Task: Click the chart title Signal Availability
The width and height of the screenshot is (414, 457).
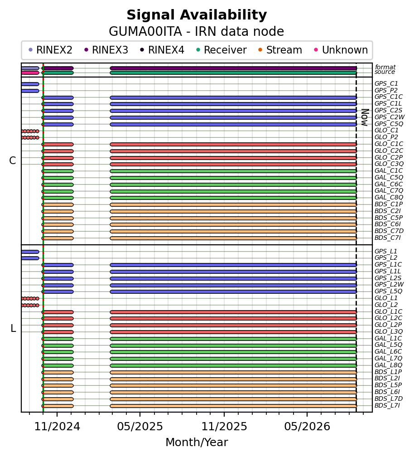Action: [197, 15]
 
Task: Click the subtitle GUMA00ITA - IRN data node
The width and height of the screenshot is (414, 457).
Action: [197, 31]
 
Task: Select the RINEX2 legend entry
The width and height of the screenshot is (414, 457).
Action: [50, 50]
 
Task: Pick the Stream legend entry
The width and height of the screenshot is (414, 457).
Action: [280, 50]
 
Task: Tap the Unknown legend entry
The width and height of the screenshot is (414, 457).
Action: [341, 50]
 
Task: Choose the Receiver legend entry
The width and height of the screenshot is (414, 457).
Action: [221, 50]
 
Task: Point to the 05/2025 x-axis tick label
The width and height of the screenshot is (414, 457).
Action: [140, 427]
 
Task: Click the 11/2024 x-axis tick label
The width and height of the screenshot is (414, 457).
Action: [57, 427]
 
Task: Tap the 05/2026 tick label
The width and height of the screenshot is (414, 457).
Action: [307, 427]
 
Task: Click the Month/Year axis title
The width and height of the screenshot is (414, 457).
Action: [197, 442]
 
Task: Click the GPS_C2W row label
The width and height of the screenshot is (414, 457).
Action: [390, 117]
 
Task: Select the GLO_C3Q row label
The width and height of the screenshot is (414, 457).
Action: [389, 164]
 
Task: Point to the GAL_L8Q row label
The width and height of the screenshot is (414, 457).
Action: [388, 365]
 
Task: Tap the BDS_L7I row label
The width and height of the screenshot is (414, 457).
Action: [387, 406]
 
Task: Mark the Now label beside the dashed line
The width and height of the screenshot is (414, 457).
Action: [365, 117]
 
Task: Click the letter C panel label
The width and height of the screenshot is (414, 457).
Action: [13, 160]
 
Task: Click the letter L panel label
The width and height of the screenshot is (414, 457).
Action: [13, 328]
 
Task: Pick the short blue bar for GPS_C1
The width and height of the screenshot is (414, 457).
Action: [30, 84]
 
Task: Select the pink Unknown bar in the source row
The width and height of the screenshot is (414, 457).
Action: [30, 73]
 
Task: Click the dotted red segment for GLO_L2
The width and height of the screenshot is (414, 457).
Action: [30, 306]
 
